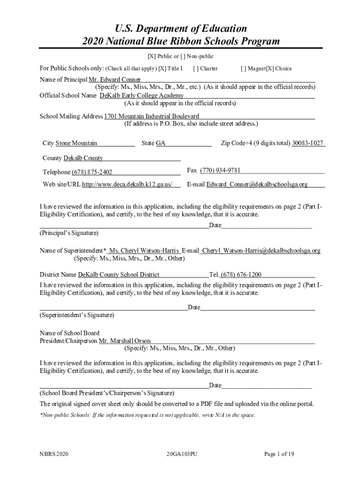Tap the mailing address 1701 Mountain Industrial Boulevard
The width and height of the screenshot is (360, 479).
pos(152,116)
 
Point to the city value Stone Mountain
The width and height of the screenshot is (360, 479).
pos(77,143)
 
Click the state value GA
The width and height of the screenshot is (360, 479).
pos(160,143)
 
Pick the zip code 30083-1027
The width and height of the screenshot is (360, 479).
pos(308,143)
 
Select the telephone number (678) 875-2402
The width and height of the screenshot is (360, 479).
pos(92,172)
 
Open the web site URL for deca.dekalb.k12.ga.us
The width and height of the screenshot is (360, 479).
pos(130,184)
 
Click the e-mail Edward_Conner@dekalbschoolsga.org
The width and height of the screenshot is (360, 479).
pos(257,184)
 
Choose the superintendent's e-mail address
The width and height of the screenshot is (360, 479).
pos(261,251)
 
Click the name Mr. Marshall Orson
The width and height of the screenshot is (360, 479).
pos(125,341)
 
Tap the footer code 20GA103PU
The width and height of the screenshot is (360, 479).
pos(182,454)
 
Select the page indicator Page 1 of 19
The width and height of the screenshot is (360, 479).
pos(279,454)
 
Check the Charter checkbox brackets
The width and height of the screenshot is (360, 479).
pos(195,69)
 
